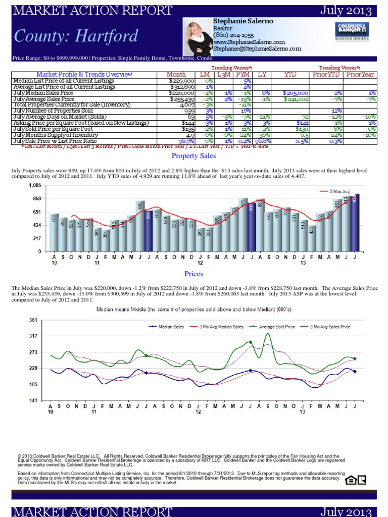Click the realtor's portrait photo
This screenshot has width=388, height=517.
tap(199, 38)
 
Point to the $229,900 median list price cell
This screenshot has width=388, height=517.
tap(182, 80)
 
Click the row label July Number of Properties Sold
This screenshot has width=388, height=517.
tap(53, 110)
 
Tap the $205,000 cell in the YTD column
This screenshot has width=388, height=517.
tap(292, 92)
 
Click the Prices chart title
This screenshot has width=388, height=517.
tap(193, 274)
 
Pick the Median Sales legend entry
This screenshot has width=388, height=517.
tap(167, 327)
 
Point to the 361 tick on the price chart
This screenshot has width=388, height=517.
tap(33, 320)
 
